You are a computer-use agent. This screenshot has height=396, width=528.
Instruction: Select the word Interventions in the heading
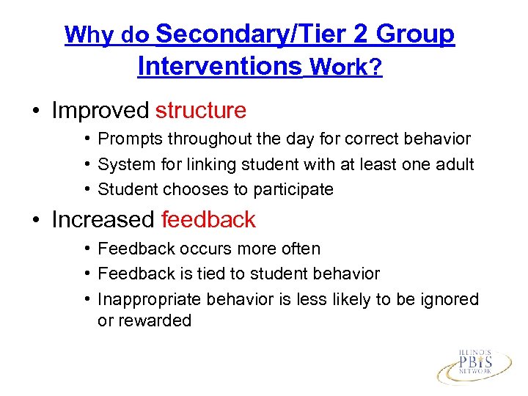(219, 66)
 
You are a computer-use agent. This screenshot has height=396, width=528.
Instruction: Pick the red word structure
(201, 111)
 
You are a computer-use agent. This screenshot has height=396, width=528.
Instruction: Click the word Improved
(100, 111)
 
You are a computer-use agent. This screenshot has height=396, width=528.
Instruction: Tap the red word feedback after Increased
(208, 219)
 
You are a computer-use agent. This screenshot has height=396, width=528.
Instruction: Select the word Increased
(103, 219)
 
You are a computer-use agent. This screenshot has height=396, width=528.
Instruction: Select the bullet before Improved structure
(34, 111)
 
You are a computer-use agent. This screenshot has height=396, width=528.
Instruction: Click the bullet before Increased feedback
(34, 220)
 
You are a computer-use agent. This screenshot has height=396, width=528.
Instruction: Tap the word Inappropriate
(150, 299)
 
